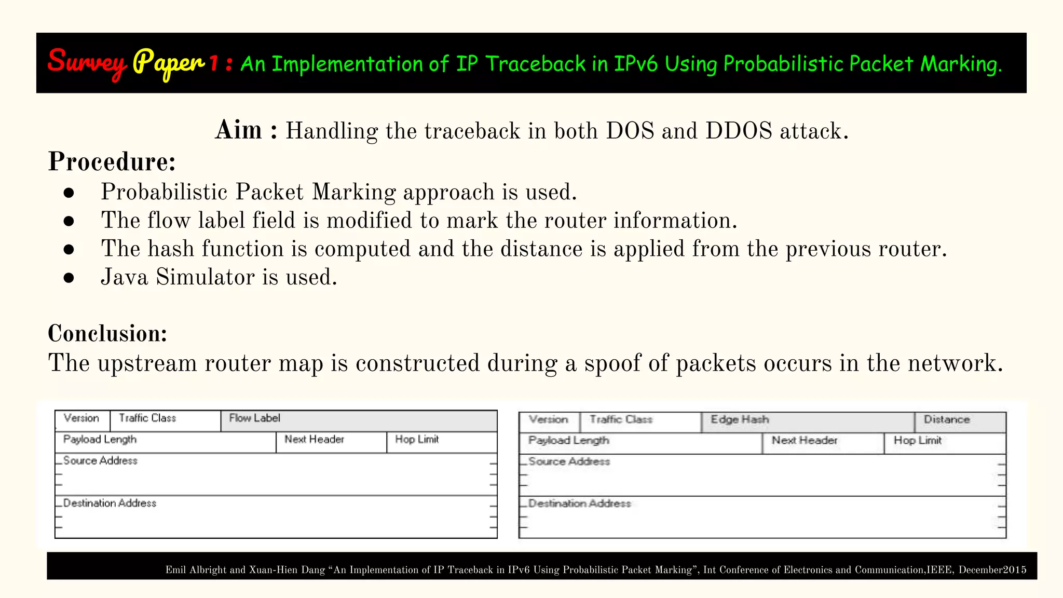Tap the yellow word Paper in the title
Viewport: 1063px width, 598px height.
tap(169, 63)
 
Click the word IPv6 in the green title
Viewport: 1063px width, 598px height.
tap(636, 64)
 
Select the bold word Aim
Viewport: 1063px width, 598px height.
tap(239, 130)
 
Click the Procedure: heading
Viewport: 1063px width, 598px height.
tap(112, 161)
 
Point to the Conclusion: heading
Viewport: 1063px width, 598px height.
tap(107, 333)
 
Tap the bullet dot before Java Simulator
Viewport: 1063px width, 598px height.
tap(69, 278)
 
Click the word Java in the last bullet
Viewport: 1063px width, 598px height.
tap(125, 277)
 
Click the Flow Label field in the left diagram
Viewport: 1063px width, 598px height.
tap(254, 418)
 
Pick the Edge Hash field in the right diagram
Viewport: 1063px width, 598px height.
tap(739, 420)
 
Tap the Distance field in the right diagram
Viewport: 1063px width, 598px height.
tap(946, 420)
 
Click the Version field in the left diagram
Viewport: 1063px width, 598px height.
tap(81, 418)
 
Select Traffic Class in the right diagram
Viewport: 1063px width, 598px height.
tap(621, 420)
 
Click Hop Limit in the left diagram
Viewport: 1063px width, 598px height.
tap(417, 440)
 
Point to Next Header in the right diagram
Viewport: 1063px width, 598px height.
tap(804, 441)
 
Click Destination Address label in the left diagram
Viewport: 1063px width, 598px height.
tap(110, 504)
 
